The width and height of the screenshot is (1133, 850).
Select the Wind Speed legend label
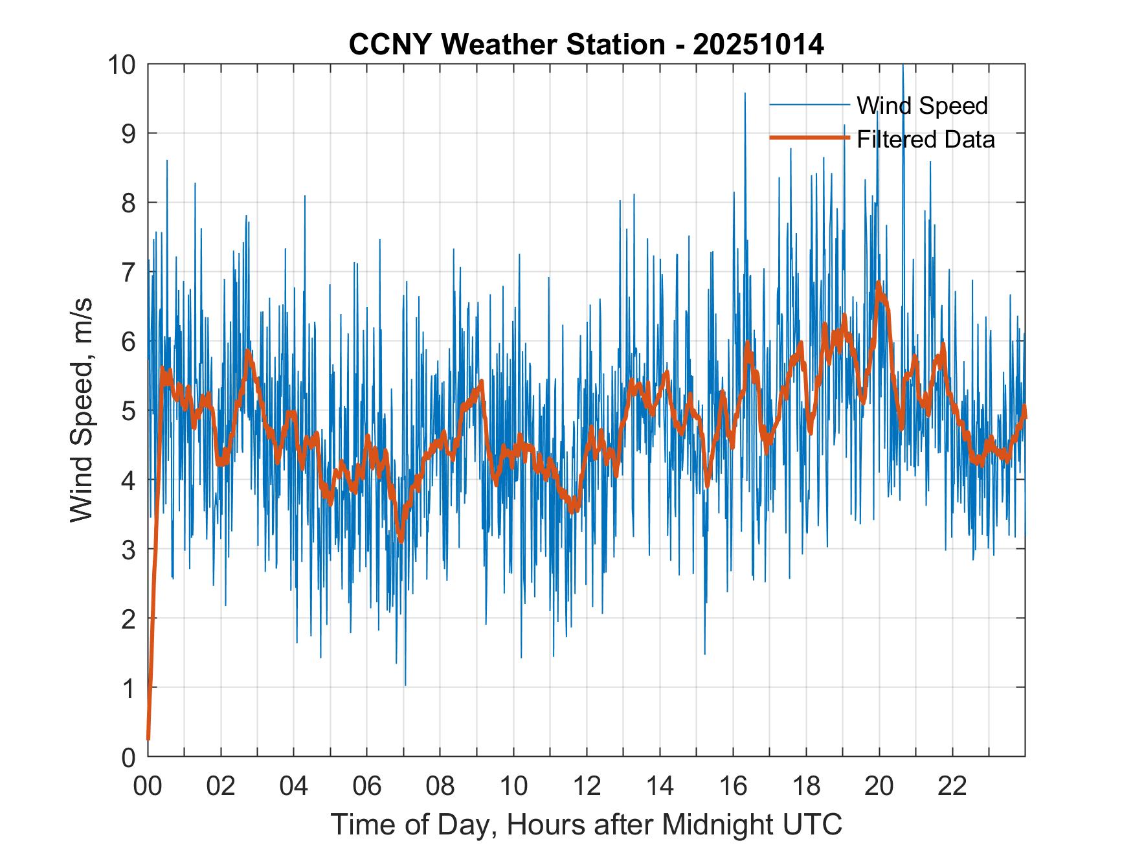922,106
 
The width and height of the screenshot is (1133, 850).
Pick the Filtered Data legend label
925,139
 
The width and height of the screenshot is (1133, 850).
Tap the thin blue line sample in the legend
809,105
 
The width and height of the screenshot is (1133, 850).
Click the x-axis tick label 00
148,787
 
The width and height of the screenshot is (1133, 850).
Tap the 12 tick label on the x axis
587,787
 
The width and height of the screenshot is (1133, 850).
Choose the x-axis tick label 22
952,787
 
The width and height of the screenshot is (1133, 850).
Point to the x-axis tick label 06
367,787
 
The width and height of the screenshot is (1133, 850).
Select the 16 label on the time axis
733,787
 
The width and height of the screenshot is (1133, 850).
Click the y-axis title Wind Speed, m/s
82,410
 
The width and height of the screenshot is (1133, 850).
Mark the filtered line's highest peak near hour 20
879,283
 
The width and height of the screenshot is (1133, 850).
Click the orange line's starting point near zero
148,738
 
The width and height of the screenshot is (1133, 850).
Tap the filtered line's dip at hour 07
401,540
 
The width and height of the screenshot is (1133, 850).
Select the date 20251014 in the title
758,45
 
